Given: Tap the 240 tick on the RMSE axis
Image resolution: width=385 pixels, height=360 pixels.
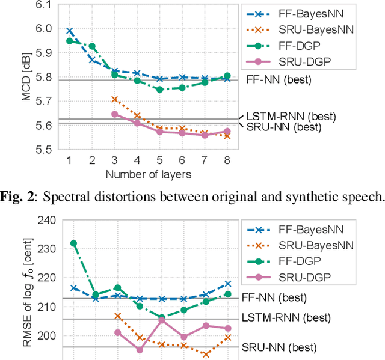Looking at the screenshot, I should coord(46,220).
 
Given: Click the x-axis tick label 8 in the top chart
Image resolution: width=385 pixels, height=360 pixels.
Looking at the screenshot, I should coord(226,160).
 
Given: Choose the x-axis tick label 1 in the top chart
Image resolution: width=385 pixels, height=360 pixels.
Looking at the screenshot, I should coord(70,160).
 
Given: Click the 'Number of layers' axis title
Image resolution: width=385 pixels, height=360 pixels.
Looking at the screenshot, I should coord(148,175).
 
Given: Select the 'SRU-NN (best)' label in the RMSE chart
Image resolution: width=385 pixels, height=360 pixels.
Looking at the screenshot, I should coord(279,347).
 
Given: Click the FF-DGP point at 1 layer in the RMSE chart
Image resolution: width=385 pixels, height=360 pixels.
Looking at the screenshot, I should coord(73,243).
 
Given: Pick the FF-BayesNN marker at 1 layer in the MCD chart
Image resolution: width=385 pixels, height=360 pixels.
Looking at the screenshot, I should coord(70,31).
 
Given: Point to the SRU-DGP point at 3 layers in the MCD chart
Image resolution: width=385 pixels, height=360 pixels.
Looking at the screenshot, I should coord(114,114).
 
